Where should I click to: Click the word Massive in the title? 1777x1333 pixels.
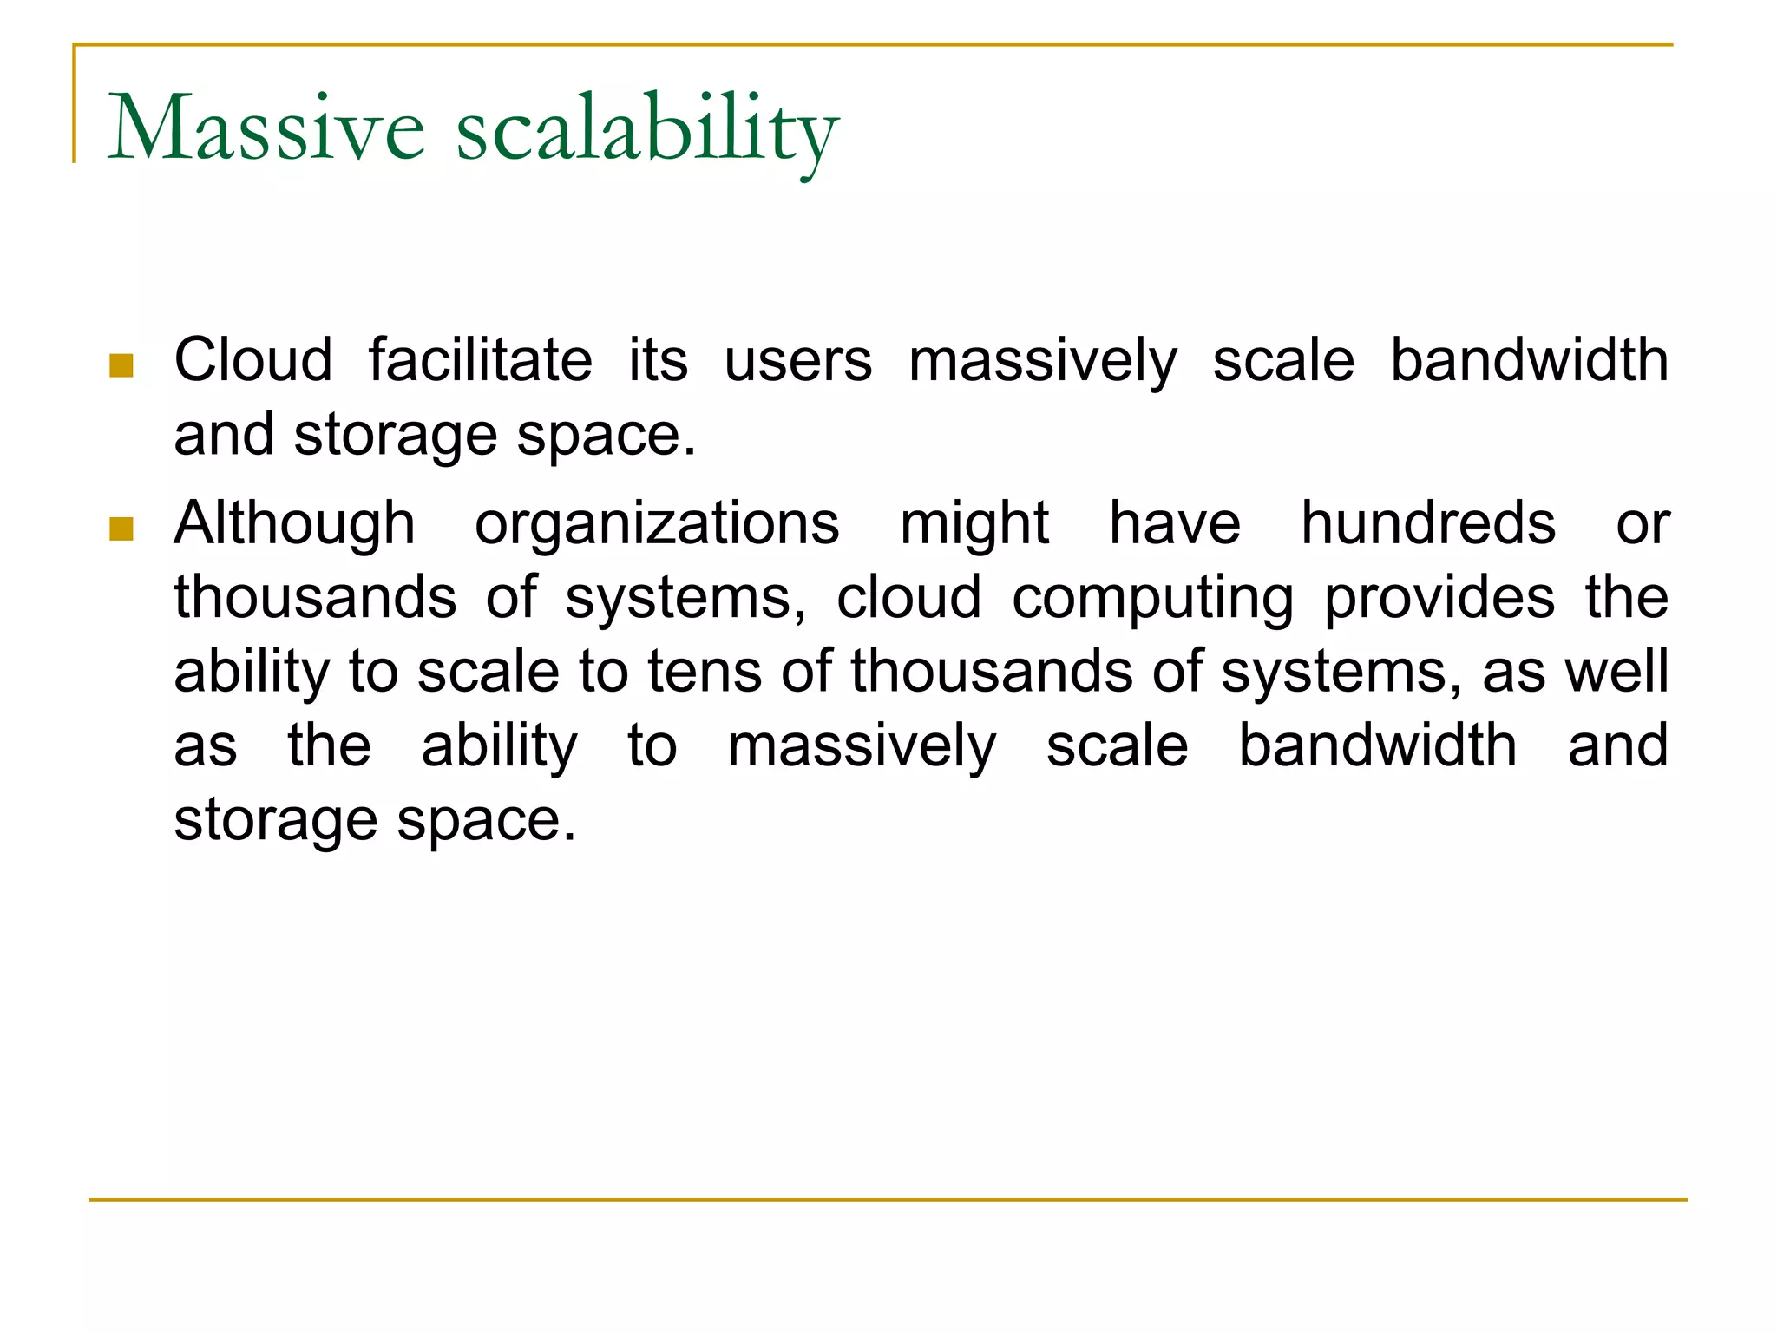coord(266,128)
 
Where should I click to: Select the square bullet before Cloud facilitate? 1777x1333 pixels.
coord(121,365)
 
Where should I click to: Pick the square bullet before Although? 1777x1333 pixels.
coord(121,528)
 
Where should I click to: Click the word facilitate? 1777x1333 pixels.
coord(480,359)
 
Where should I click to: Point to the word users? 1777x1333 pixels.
coord(797,361)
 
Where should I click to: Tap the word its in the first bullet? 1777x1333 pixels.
coord(658,359)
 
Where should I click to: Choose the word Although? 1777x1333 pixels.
coord(294,524)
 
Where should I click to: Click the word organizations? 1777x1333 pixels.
coord(657,524)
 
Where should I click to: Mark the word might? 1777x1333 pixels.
coord(974,524)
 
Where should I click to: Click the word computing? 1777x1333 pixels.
coord(1152,599)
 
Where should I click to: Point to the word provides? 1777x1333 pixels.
coord(1439,599)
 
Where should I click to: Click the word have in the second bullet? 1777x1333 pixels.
coord(1175,524)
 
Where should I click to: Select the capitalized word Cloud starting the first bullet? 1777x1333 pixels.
coord(252,359)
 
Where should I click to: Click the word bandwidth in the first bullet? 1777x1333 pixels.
coord(1529,359)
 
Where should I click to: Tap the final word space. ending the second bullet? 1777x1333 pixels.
coord(486,821)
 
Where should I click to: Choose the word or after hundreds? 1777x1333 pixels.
coord(1642,524)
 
